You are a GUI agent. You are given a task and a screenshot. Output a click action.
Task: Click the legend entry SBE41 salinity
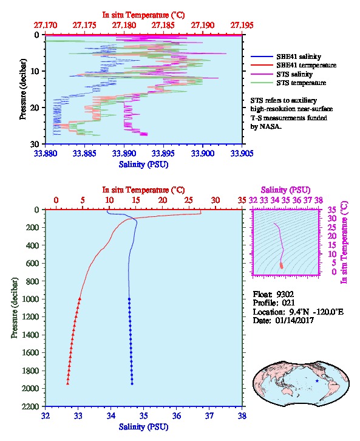(x=299, y=56)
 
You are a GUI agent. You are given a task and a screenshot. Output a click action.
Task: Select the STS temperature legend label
(x=301, y=83)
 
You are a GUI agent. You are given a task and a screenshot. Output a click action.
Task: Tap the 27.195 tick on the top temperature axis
(x=242, y=26)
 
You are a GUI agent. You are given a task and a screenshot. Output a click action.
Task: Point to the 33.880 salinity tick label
(x=46, y=153)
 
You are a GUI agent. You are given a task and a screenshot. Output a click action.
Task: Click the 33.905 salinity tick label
(x=242, y=153)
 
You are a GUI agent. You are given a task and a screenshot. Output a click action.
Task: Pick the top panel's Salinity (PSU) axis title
(x=144, y=165)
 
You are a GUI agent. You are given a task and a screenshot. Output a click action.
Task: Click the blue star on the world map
(x=317, y=381)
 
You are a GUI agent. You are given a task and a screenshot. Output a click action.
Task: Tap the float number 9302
(x=285, y=295)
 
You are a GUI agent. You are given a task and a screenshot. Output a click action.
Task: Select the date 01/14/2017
(x=294, y=320)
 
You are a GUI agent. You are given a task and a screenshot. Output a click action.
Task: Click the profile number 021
(x=288, y=303)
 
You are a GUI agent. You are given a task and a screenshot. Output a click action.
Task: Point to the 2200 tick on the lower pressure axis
(x=31, y=406)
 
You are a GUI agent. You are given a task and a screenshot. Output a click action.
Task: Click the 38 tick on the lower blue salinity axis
(x=242, y=415)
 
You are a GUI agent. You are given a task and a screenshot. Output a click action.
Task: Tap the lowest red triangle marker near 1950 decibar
(x=68, y=383)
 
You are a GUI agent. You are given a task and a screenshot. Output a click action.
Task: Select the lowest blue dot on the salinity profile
(x=132, y=384)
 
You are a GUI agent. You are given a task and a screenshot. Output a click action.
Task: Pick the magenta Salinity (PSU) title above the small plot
(x=285, y=190)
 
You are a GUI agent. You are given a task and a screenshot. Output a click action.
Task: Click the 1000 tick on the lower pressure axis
(x=31, y=299)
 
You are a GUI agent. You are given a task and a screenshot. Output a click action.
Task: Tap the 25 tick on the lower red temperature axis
(x=189, y=200)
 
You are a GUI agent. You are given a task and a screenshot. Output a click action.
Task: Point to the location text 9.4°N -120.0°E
(x=316, y=312)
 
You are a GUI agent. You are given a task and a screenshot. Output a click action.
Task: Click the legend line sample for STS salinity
(x=262, y=74)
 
